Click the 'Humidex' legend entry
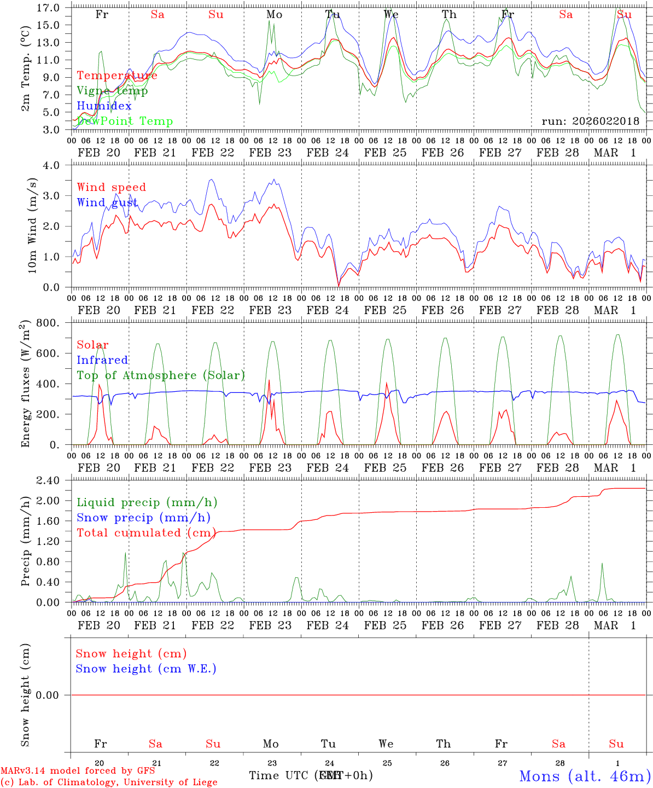104,106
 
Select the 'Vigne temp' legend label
112,91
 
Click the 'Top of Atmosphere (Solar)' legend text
161,375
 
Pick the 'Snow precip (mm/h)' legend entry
143,518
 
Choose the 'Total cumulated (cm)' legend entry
144,533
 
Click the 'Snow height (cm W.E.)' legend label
146,669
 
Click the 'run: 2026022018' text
590,121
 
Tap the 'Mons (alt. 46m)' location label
585,776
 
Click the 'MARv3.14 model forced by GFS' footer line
78,771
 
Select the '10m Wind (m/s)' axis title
32,225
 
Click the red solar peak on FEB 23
269,380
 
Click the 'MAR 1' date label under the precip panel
615,625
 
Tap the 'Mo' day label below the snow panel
271,744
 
